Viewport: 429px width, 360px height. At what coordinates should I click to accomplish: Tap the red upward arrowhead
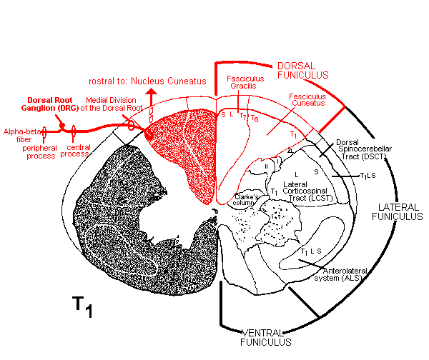pyautogui.click(x=152, y=93)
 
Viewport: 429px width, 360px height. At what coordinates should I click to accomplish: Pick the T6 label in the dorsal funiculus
pyautogui.click(x=254, y=119)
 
